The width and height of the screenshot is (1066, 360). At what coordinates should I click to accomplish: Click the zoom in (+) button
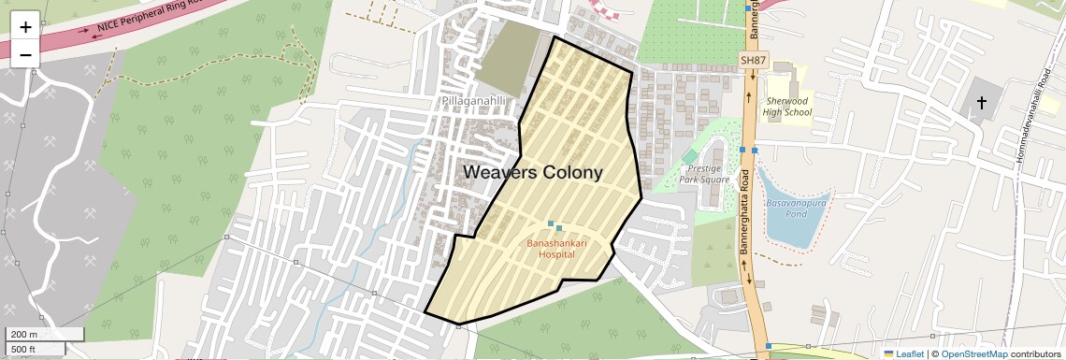pos(25,27)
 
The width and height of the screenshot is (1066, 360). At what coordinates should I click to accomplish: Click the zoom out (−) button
pos(25,54)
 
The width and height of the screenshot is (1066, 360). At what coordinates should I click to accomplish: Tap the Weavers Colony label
pos(533,173)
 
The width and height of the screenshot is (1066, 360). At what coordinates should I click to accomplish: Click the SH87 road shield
pos(752,61)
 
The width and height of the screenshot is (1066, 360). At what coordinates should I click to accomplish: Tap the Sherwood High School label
pos(786,106)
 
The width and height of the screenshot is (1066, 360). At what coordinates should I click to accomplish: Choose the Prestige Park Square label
pos(704,172)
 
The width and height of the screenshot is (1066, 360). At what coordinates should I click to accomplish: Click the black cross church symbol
pos(982,101)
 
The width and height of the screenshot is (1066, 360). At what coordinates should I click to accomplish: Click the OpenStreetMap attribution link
pos(973,353)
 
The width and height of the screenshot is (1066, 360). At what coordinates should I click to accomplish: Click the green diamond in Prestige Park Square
pos(690,155)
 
